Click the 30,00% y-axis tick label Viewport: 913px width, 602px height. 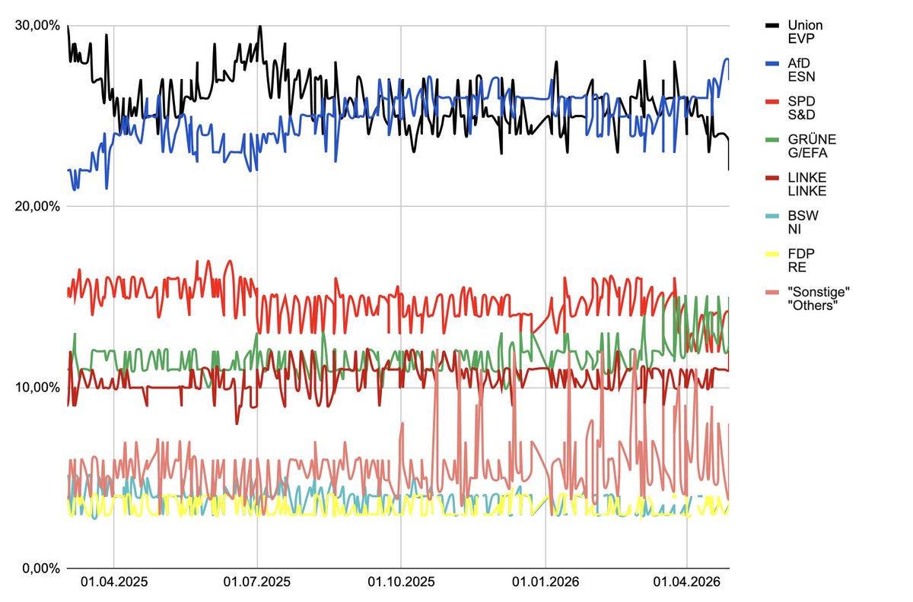(x=37, y=25)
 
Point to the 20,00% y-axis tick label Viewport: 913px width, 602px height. (x=37, y=206)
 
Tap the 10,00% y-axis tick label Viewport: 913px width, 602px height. (x=37, y=387)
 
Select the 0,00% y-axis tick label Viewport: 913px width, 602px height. (x=40, y=568)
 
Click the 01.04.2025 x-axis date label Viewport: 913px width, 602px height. (x=113, y=583)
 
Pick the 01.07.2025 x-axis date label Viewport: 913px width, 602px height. (x=257, y=583)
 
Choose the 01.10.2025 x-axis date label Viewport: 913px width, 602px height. (x=401, y=583)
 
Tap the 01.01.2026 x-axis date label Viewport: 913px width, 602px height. (x=546, y=583)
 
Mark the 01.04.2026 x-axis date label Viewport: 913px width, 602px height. (x=687, y=583)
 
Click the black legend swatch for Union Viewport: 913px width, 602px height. (x=773, y=25)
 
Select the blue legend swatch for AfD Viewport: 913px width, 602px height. (x=773, y=63)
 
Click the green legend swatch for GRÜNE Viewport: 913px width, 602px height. (x=773, y=139)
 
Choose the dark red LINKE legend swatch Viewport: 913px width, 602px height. (x=773, y=177)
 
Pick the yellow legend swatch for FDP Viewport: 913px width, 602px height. (x=773, y=253)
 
